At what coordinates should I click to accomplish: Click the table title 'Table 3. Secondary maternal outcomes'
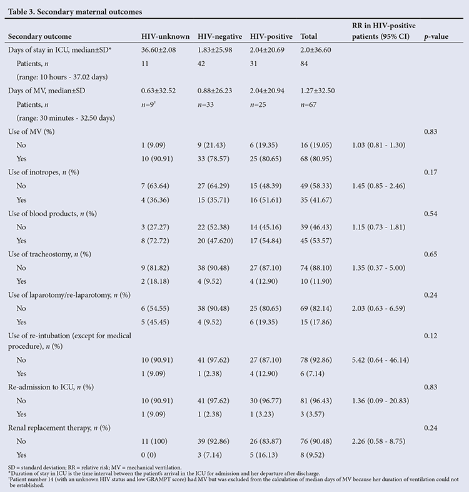(75, 12)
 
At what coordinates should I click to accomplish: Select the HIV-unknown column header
(166, 36)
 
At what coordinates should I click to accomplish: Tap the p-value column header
(436, 37)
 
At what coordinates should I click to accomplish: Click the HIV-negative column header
(219, 36)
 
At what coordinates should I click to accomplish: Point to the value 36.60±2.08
(159, 50)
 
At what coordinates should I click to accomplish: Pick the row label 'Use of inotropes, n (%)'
(44, 173)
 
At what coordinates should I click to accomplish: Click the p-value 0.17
(430, 173)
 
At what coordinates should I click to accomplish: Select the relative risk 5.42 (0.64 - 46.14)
(380, 360)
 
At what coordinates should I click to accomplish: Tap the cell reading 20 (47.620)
(215, 241)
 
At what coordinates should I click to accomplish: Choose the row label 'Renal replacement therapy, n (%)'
(59, 428)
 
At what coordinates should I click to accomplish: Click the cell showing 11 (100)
(154, 441)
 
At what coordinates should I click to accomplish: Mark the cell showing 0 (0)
(148, 455)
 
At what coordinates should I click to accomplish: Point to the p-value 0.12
(430, 336)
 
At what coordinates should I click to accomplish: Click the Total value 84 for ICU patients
(304, 64)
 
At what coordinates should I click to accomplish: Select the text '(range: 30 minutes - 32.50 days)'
(66, 118)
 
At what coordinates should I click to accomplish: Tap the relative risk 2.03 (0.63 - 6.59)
(378, 308)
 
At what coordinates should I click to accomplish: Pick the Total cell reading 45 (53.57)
(316, 241)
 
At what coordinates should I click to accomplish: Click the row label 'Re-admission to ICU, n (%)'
(51, 387)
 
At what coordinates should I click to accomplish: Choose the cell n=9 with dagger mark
(148, 104)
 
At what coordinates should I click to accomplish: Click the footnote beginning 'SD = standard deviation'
(95, 468)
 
